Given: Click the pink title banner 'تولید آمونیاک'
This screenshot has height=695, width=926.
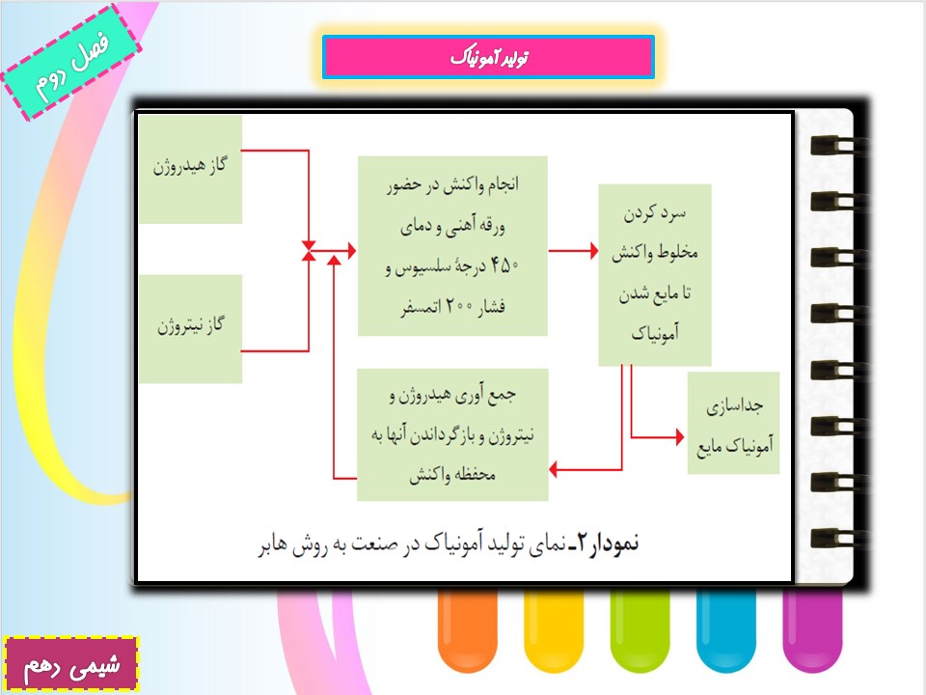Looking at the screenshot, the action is tap(488, 57).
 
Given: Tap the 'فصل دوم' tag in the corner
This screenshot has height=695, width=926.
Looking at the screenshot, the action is tap(71, 62).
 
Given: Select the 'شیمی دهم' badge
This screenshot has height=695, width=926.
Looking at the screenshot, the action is tap(70, 664).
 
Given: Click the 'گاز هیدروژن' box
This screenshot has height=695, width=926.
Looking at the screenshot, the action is tap(190, 170).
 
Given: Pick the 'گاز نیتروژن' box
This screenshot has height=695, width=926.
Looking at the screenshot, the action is tap(190, 328).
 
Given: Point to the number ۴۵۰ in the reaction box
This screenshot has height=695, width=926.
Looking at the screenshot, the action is tap(504, 265).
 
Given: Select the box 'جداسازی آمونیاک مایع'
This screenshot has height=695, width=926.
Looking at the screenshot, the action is tap(733, 423).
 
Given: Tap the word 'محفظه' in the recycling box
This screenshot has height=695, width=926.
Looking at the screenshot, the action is tap(477, 475).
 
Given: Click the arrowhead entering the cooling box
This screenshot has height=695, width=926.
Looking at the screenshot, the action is tap(594, 251).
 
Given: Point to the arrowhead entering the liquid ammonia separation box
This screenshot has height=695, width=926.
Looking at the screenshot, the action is tap(680, 437).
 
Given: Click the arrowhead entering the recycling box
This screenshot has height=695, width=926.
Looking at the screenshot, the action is tap(554, 470).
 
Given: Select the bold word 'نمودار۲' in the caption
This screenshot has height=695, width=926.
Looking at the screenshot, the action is tap(609, 542).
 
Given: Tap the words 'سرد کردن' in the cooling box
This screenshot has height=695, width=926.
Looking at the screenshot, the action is tap(655, 212).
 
